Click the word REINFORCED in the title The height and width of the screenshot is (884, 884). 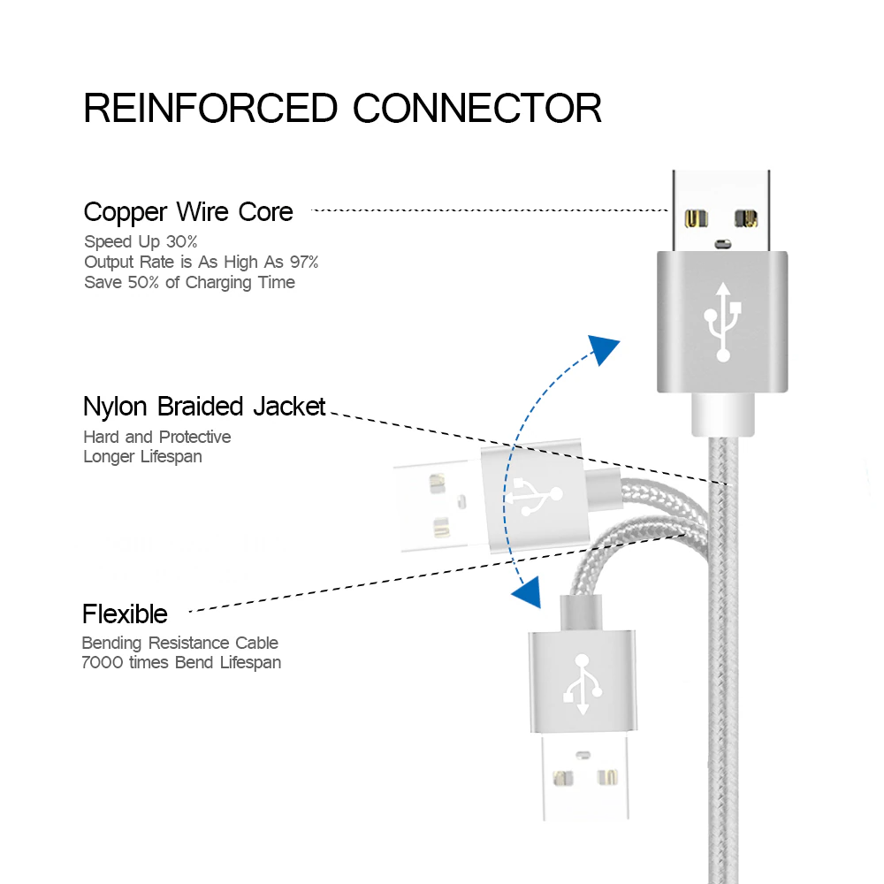(210, 108)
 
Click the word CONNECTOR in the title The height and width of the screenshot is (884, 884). (477, 108)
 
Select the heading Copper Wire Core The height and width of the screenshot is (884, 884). (188, 212)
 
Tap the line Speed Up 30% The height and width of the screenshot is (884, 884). (141, 241)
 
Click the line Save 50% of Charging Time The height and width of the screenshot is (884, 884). (189, 282)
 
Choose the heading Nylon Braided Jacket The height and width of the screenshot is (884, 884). (204, 407)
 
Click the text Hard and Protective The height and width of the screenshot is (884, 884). (157, 437)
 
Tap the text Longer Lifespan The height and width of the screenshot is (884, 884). (142, 456)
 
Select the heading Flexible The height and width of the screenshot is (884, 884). (125, 613)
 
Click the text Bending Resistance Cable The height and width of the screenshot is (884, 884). (179, 643)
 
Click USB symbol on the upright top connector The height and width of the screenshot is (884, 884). (723, 321)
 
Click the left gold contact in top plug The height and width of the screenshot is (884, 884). (697, 218)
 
